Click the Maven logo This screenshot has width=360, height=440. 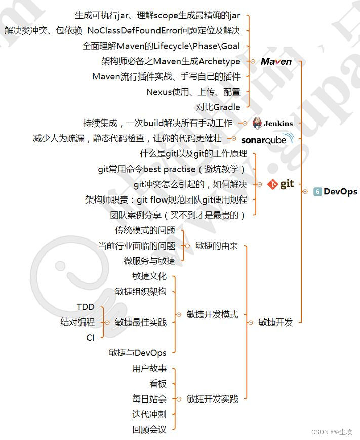276,61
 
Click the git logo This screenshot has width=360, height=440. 281,184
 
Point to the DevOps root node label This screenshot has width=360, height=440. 340,191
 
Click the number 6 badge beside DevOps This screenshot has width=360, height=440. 317,191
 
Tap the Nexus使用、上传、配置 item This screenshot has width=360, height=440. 193,92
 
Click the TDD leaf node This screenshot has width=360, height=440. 86,307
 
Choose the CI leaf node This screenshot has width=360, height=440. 90,338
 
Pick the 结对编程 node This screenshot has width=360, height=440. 77,322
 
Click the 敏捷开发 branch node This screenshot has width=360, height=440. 275,322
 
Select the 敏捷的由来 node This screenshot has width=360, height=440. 216,246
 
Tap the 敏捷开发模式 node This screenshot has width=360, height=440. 212,314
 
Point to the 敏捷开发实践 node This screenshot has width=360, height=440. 212,399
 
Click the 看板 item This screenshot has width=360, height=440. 157,384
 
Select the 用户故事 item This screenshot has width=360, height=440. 149,369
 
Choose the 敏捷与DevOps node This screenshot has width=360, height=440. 137,353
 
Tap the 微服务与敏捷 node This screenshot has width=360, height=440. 149,261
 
